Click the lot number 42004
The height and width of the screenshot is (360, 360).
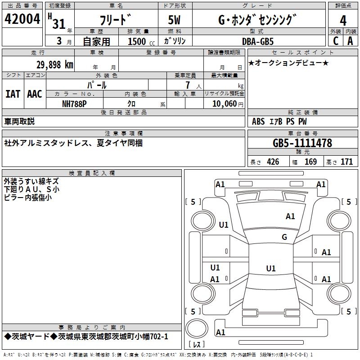[22, 19]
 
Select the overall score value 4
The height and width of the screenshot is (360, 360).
[343, 20]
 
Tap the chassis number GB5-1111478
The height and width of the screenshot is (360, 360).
[302, 144]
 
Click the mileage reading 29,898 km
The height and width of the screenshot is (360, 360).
[54, 64]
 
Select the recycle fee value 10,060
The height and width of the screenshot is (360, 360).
[223, 103]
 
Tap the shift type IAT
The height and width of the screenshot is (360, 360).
[13, 94]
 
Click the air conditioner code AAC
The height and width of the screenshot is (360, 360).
[35, 94]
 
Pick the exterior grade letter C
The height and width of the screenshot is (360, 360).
[335, 41]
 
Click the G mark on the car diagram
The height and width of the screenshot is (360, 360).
[284, 237]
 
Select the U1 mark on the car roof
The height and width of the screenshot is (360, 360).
[270, 269]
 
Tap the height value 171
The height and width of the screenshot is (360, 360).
[346, 162]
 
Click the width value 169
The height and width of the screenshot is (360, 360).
[310, 162]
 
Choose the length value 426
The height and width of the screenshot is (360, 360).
[273, 162]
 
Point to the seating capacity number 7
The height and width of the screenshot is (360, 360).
[187, 85]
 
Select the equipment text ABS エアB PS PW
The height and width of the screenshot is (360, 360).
[274, 121]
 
